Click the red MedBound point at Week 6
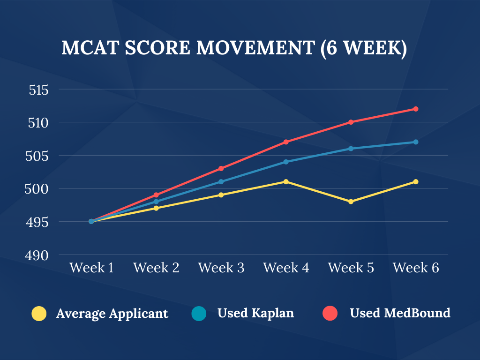(x=416, y=109)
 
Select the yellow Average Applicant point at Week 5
(x=351, y=202)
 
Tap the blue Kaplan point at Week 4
(x=286, y=162)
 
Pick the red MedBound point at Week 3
(x=221, y=168)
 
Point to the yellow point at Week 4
(x=286, y=181)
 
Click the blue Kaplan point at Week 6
(x=416, y=142)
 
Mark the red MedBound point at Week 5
(x=351, y=122)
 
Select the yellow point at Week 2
(x=156, y=208)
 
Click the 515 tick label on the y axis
(x=38, y=90)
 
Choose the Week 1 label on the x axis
(x=91, y=268)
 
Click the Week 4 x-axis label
(x=286, y=268)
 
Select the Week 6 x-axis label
(x=416, y=268)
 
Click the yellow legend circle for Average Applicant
(x=39, y=313)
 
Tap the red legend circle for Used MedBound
(x=331, y=313)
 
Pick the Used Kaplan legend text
(x=255, y=313)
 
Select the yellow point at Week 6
(x=416, y=181)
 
